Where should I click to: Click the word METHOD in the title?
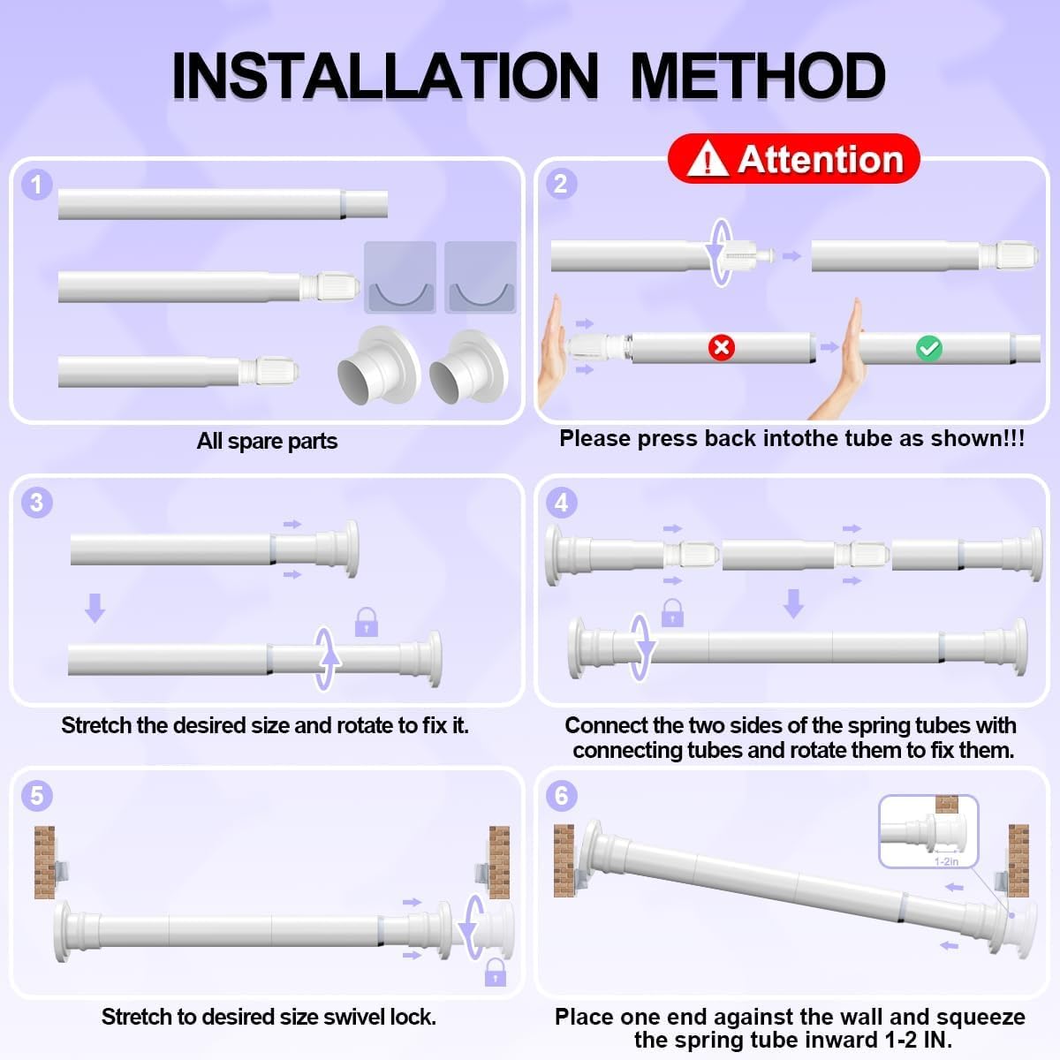pyautogui.click(x=758, y=75)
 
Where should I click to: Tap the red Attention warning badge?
pyautogui.click(x=794, y=158)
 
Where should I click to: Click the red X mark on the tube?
pyautogui.click(x=721, y=347)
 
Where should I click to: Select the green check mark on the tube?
pyautogui.click(x=929, y=348)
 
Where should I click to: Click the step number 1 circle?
pyautogui.click(x=36, y=185)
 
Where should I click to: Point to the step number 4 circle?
pyautogui.click(x=561, y=503)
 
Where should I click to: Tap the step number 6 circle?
pyautogui.click(x=561, y=795)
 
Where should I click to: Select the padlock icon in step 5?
pyautogui.click(x=495, y=972)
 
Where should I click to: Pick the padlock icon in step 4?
pyautogui.click(x=672, y=613)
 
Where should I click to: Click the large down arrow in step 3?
pyautogui.click(x=95, y=608)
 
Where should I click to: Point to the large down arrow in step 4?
pyautogui.click(x=793, y=603)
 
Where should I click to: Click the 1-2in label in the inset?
pyautogui.click(x=946, y=861)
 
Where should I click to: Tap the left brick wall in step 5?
pyautogui.click(x=44, y=862)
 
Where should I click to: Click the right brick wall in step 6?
pyautogui.click(x=1018, y=861)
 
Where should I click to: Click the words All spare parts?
pyautogui.click(x=268, y=441)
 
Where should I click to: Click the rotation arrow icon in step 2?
pyautogui.click(x=721, y=253)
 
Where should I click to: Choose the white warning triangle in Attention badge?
pyautogui.click(x=708, y=158)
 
